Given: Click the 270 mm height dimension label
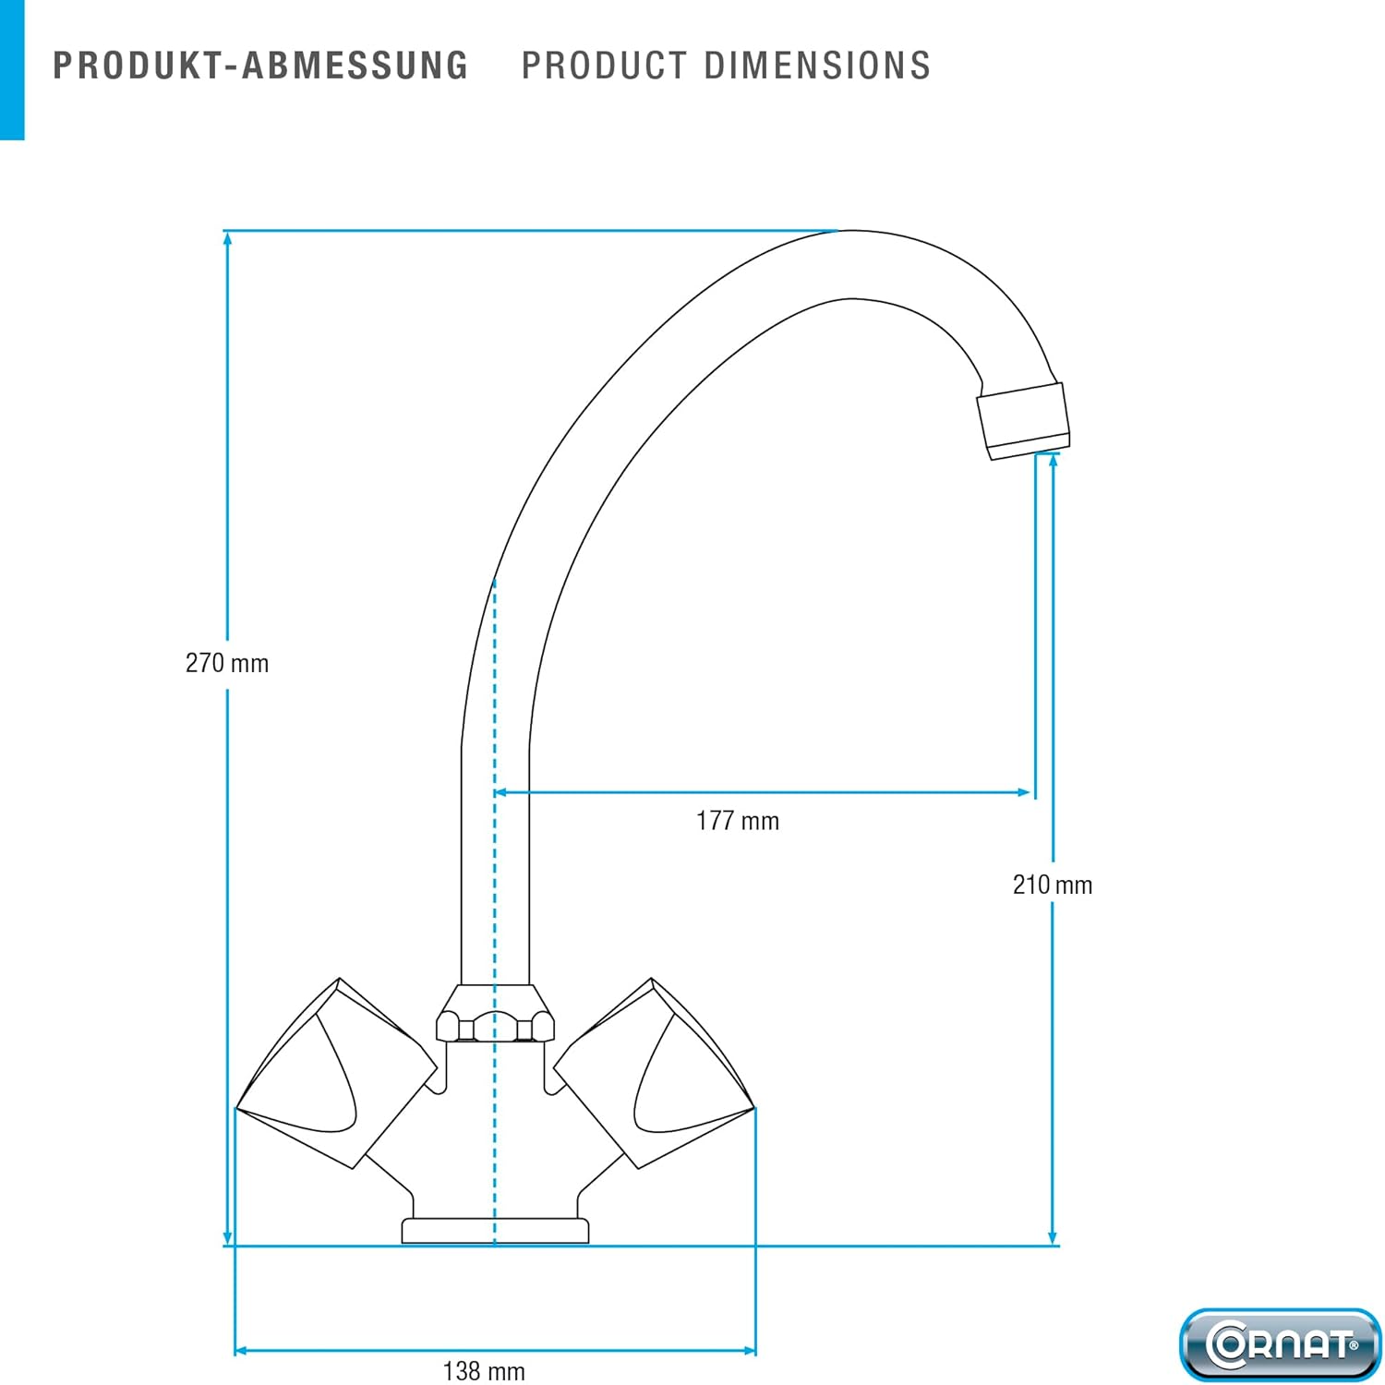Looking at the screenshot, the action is click(x=227, y=663).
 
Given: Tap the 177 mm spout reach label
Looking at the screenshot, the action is click(x=738, y=821).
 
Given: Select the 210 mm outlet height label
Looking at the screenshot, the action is click(x=1053, y=885).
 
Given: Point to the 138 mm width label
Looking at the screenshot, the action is click(x=484, y=1371).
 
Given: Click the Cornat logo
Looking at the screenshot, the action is click(x=1281, y=1344).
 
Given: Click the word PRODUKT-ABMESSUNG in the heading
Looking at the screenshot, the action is click(x=261, y=66).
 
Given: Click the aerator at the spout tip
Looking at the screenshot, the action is click(x=1024, y=420).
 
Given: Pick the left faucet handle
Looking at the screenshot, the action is click(x=336, y=1073).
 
